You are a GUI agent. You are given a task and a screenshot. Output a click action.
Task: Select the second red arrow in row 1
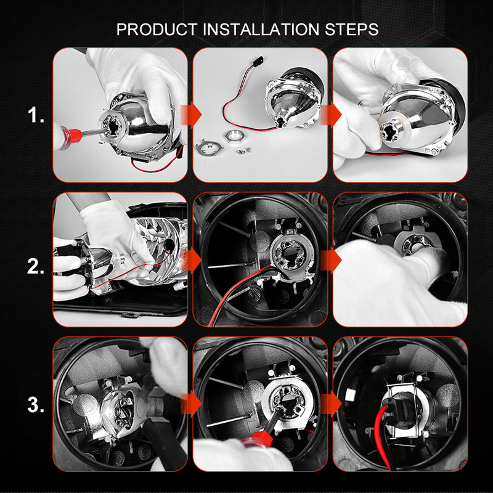[333, 115]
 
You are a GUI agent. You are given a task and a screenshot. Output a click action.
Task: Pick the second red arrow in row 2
[333, 260]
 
